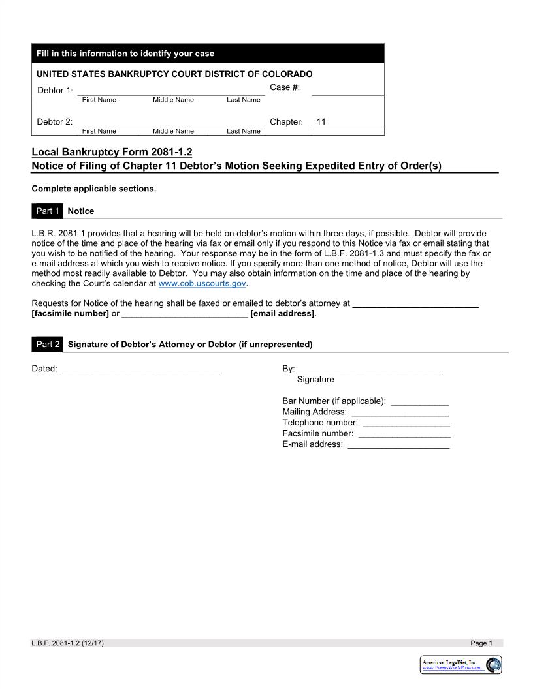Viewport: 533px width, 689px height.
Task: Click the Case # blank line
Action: (x=347, y=92)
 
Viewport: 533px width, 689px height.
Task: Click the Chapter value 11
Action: (x=321, y=122)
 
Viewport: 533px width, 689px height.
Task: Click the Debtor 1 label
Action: (x=54, y=91)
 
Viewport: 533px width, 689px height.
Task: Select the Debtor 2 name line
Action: (x=171, y=123)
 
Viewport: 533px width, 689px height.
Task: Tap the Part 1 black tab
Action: (x=48, y=211)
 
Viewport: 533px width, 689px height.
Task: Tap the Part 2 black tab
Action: (x=48, y=344)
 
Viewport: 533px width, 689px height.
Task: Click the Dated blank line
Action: (x=139, y=370)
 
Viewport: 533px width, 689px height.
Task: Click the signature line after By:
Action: (x=370, y=370)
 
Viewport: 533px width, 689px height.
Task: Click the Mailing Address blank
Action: (x=400, y=412)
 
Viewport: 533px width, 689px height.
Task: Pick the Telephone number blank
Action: (x=406, y=423)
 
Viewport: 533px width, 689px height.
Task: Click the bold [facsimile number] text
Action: (x=70, y=314)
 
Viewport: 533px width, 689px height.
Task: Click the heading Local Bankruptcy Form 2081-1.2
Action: (x=112, y=152)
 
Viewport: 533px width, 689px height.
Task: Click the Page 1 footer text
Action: (x=481, y=643)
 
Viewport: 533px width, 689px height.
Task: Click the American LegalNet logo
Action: (x=461, y=665)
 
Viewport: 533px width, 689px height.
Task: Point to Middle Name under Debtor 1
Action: (x=173, y=100)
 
